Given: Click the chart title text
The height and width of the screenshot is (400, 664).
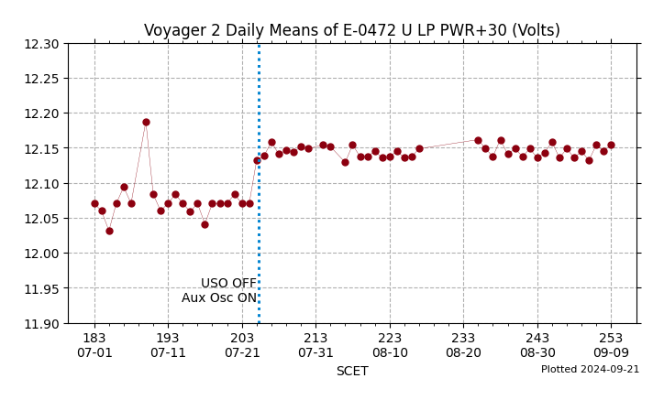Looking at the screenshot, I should (351, 30).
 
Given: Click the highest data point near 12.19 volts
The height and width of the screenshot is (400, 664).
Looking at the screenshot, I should (146, 122).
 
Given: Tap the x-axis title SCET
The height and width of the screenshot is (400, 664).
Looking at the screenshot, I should (352, 371).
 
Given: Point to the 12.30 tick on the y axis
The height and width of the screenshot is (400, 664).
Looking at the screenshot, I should (42, 44).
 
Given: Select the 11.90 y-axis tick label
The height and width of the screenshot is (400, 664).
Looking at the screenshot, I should (42, 323).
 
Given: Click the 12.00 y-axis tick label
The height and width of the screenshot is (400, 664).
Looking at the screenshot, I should (42, 254).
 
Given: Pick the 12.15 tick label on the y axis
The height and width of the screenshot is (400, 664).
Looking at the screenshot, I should (42, 148).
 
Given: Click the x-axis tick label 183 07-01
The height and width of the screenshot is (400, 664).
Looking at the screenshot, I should (94, 345).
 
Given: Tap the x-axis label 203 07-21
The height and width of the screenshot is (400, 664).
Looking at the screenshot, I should (242, 345).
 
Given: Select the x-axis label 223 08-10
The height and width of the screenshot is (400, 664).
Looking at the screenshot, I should (390, 345).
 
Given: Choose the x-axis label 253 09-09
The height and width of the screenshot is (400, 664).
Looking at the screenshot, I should (611, 345).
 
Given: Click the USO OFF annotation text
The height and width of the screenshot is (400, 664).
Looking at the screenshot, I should (228, 284).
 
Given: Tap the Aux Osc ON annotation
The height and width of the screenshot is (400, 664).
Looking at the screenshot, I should (219, 297).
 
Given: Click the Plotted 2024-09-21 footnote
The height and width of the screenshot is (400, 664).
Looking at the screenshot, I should (590, 370).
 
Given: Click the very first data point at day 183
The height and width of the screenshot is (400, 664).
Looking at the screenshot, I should (94, 203).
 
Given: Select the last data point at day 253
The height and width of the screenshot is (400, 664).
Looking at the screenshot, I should (611, 145).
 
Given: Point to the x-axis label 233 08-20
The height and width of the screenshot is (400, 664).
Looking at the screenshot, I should (463, 345).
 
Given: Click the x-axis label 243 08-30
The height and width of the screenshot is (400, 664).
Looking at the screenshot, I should (537, 345).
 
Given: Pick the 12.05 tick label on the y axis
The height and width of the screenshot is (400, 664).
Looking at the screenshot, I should (42, 219).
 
